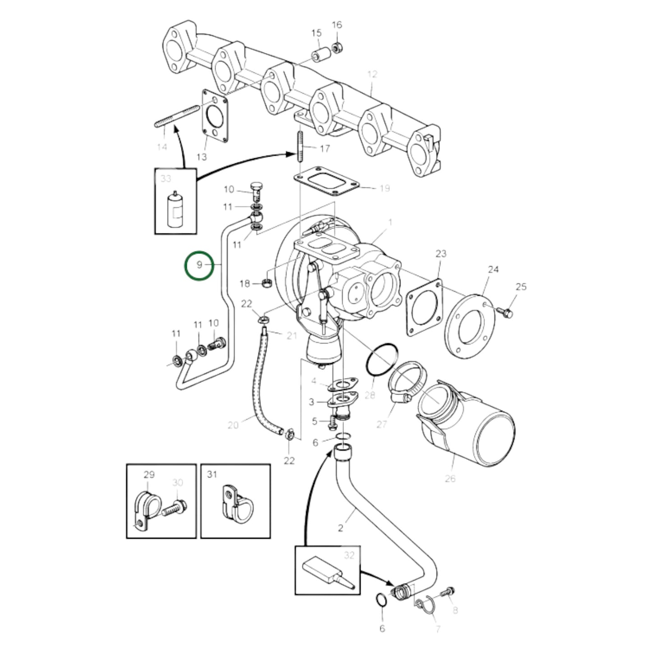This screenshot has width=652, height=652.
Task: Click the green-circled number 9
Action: pyautogui.click(x=199, y=265)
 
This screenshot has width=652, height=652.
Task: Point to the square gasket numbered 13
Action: pyautogui.click(x=214, y=117)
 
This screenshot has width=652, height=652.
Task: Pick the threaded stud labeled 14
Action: pyautogui.click(x=177, y=116)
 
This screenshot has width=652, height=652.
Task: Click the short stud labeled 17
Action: pyautogui.click(x=299, y=147)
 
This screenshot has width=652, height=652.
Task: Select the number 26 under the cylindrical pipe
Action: pyautogui.click(x=450, y=478)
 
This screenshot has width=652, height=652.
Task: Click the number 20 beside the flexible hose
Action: pyautogui.click(x=233, y=425)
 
